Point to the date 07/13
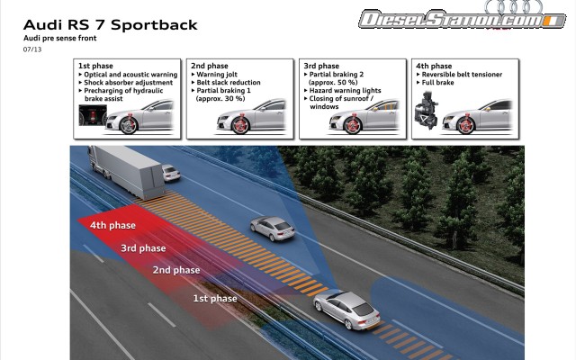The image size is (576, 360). [x=32, y=50]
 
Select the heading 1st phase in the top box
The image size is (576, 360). [x=95, y=66]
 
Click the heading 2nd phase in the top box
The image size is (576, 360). [x=209, y=66]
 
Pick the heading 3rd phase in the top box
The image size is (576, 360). [x=321, y=66]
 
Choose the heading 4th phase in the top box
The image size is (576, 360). [x=434, y=66]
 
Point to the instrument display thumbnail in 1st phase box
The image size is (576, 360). [x=92, y=116]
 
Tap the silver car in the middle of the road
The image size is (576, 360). [x=272, y=228]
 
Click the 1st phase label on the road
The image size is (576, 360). [x=215, y=298]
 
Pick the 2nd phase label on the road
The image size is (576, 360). [x=175, y=270]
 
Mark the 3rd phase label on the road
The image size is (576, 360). [x=143, y=247]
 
